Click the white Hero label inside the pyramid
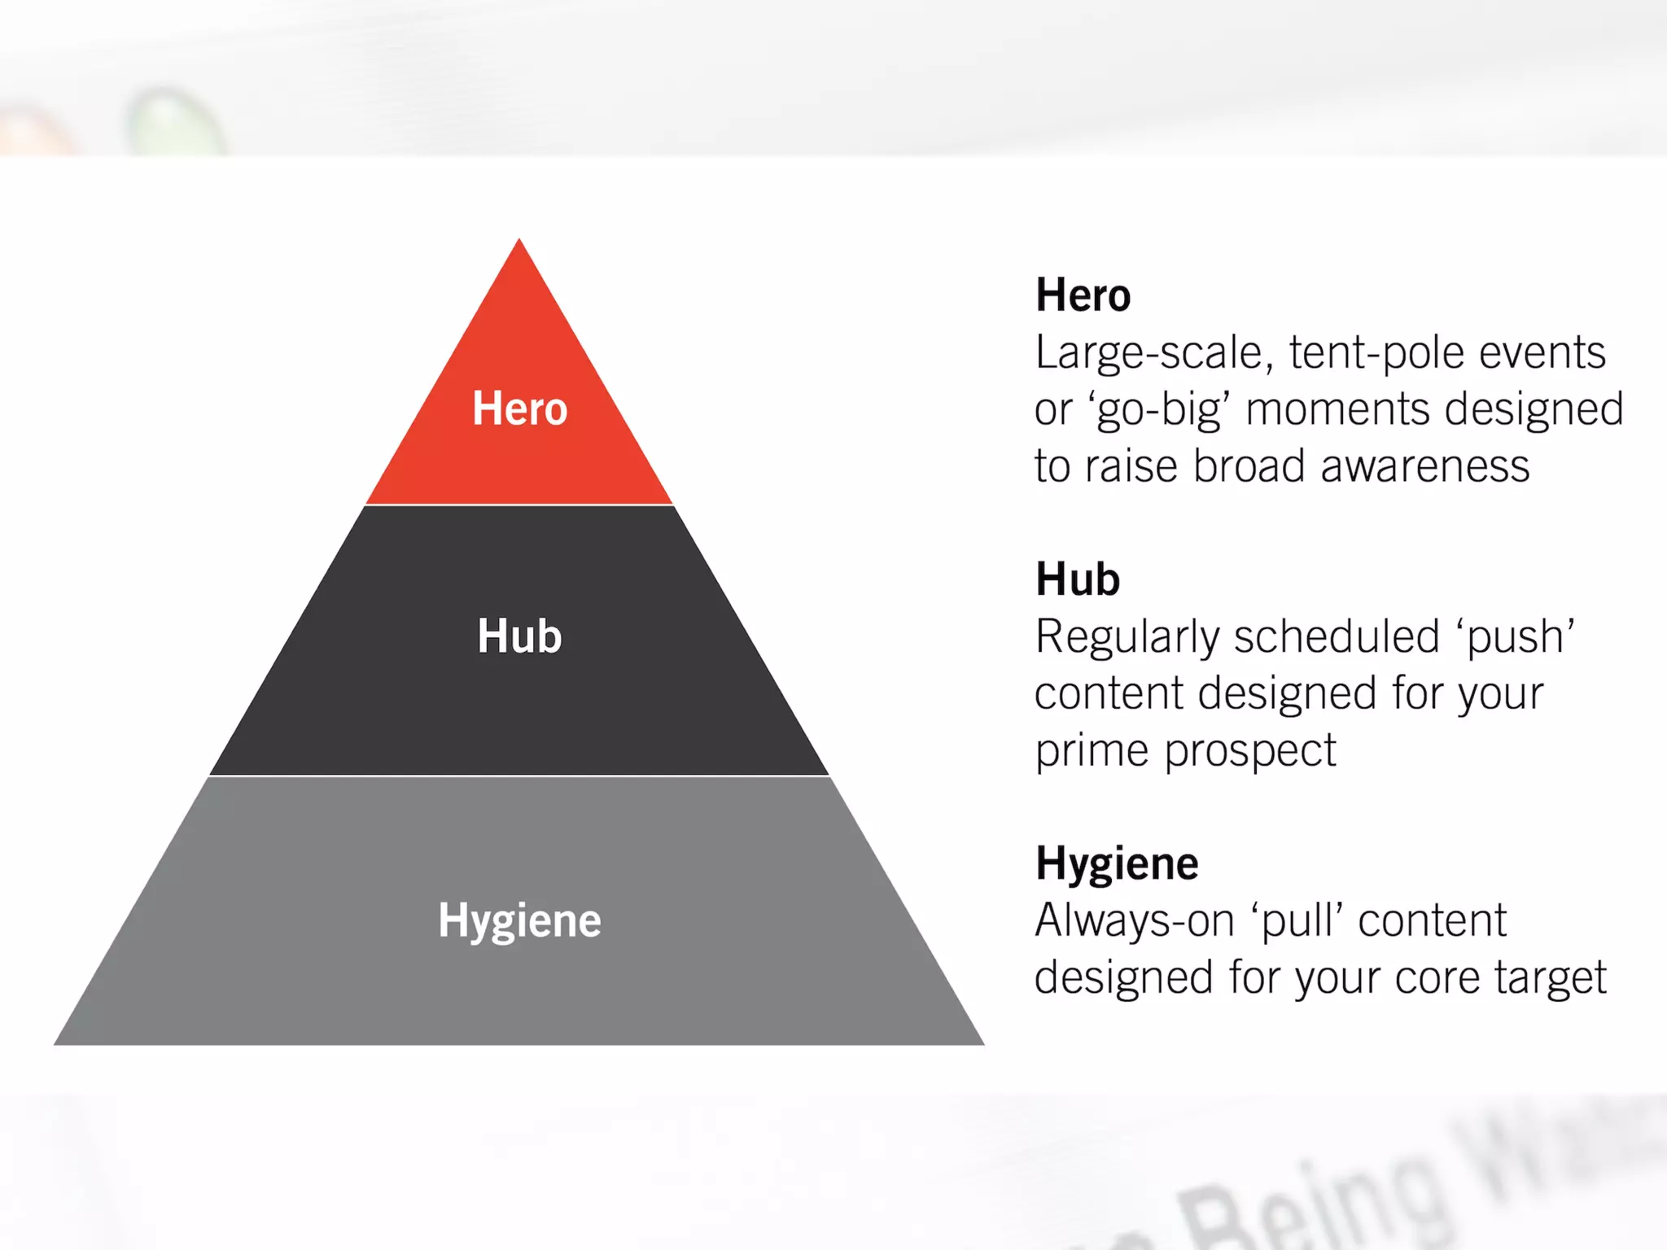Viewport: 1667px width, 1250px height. (519, 409)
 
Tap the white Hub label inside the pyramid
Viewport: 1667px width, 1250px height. (519, 636)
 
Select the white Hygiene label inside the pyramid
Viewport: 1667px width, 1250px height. (519, 921)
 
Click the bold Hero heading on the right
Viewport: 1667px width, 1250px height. (1083, 295)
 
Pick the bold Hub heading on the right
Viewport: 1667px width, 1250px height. (1078, 579)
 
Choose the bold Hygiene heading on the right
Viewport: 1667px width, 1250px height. (1117, 863)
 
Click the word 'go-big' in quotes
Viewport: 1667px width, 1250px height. (1159, 410)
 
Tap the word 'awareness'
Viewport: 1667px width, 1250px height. (1424, 466)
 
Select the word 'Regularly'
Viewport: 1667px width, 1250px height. (1127, 637)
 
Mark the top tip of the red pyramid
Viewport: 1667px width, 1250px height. (519, 242)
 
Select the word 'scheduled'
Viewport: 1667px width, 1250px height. (1337, 637)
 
